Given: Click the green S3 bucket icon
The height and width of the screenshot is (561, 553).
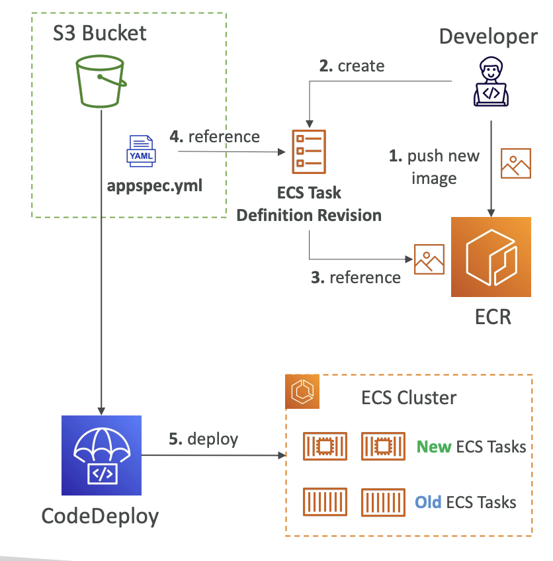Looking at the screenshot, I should pyautogui.click(x=101, y=81).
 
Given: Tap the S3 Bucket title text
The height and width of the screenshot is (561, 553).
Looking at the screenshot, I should pyautogui.click(x=100, y=33).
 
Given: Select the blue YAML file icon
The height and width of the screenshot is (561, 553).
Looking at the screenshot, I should pyautogui.click(x=141, y=151).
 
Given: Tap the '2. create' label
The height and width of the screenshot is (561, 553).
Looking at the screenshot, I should pyautogui.click(x=351, y=65).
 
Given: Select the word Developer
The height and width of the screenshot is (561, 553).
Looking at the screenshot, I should pyautogui.click(x=488, y=36).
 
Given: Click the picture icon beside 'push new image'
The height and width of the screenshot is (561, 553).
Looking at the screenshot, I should pyautogui.click(x=516, y=163).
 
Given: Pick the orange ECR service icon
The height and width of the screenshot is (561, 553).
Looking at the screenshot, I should pyautogui.click(x=491, y=257).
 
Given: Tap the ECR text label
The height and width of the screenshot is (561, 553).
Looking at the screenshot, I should pyautogui.click(x=493, y=316).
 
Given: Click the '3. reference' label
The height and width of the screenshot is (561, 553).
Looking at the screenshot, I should pyautogui.click(x=356, y=277).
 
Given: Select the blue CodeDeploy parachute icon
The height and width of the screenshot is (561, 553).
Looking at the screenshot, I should pyautogui.click(x=101, y=456).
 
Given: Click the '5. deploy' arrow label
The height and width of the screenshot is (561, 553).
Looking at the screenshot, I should pyautogui.click(x=203, y=439).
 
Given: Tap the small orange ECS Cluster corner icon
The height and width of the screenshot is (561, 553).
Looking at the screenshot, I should pyautogui.click(x=302, y=392).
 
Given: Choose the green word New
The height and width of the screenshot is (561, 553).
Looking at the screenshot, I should pyautogui.click(x=434, y=447).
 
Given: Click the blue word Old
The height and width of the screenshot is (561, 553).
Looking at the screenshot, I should pyautogui.click(x=428, y=501).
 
